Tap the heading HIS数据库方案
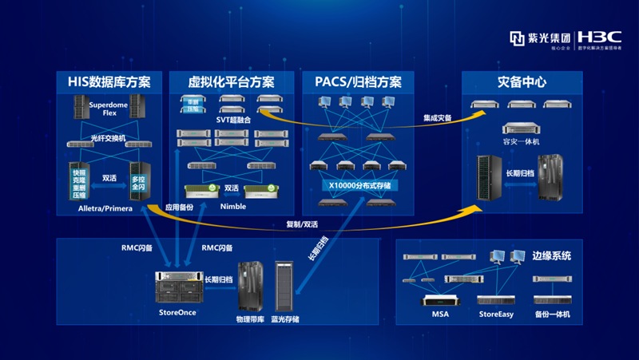coord(109,82)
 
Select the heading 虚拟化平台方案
coord(231,82)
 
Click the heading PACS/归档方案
coord(358,82)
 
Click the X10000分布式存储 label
coord(358,184)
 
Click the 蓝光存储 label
coord(285,319)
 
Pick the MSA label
coord(441,315)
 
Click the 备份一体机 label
coord(552,315)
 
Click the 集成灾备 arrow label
coord(438,117)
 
